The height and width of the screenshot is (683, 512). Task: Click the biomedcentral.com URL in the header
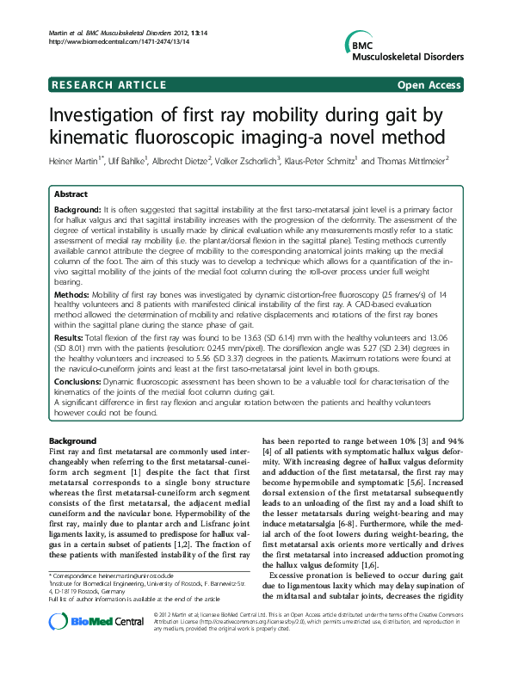tap(95, 41)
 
